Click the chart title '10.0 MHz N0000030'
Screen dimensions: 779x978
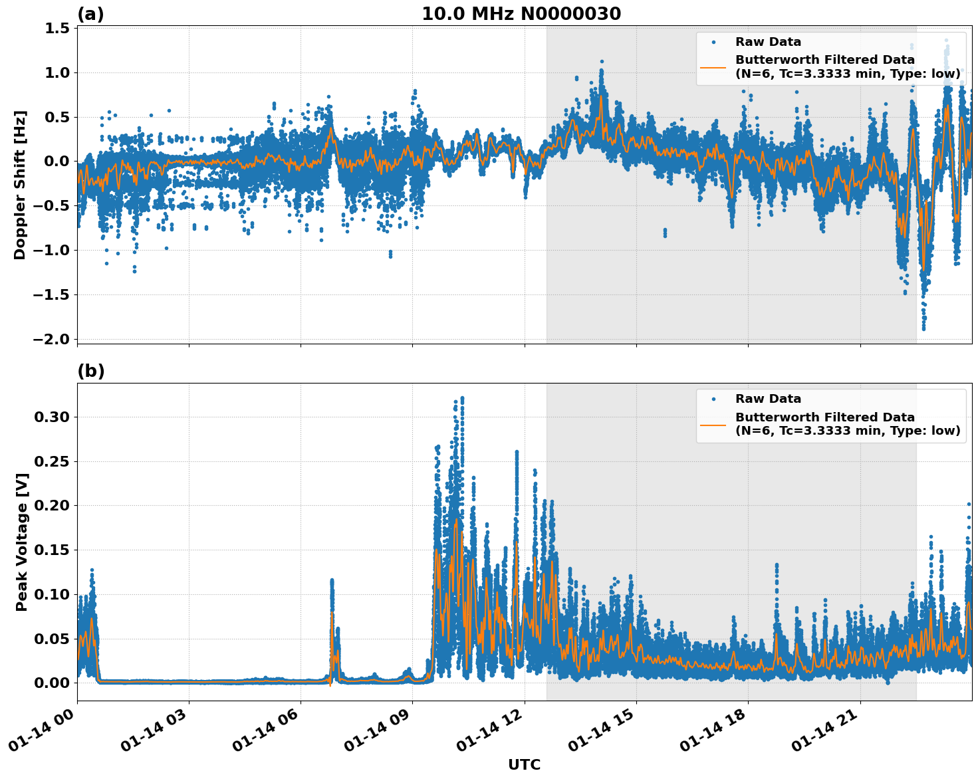click(521, 14)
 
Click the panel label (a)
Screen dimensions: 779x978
click(90, 14)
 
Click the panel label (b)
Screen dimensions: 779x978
click(90, 371)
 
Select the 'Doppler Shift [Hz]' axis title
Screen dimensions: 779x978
click(20, 185)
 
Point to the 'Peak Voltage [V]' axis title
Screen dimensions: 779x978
click(21, 542)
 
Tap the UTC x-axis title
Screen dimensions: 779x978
click(524, 765)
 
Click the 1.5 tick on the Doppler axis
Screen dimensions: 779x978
click(58, 28)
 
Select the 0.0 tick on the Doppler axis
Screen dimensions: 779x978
click(58, 162)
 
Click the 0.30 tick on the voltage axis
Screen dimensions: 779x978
click(52, 417)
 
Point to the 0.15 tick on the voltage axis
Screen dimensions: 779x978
click(52, 550)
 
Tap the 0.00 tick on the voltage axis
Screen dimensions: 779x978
click(52, 683)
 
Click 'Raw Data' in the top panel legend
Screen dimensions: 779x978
click(768, 42)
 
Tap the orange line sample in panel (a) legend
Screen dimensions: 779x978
click(713, 66)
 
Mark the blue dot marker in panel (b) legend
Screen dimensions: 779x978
click(713, 399)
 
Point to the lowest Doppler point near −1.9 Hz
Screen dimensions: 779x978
click(923, 328)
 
